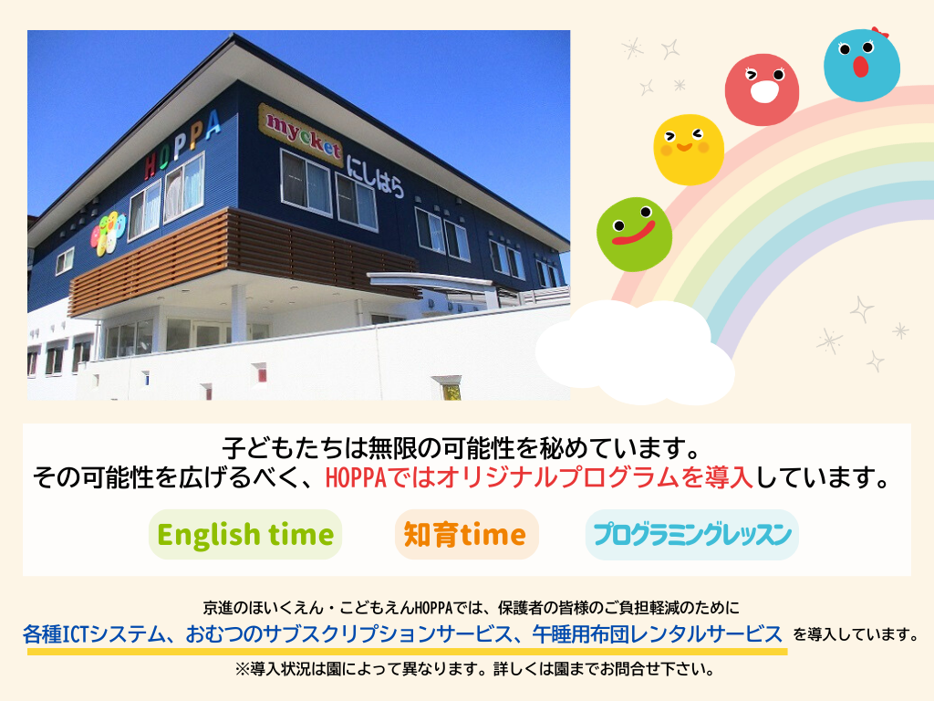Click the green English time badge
(245, 534)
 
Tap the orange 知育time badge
(466, 534)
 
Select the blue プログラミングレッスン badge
(691, 534)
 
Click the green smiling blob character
(635, 235)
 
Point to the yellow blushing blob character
(689, 150)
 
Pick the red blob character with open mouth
(762, 89)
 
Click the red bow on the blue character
(879, 32)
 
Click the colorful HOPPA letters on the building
(182, 145)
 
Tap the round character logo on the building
(108, 233)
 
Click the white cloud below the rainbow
(636, 352)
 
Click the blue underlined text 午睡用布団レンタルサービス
(657, 634)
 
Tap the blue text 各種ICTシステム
(94, 634)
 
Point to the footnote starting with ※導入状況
(474, 669)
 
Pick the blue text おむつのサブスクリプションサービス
(348, 634)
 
